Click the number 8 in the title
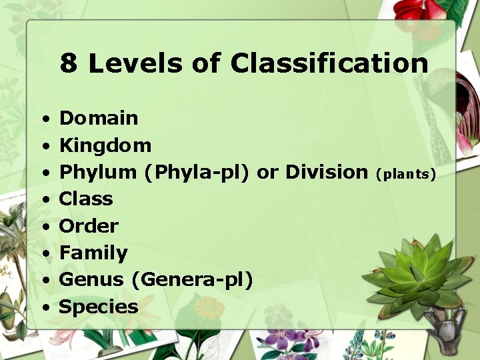pos(68,64)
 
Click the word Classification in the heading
pos(329,64)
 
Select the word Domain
pos(99,119)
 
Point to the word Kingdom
pos(105,145)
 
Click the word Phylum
pos(97,172)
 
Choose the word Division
pos(326,172)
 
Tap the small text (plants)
pos(405,174)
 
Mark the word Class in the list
pos(86,199)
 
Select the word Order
pos(89,226)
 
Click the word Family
pos(93,253)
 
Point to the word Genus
pos(91,279)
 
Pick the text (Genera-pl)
pos(193,280)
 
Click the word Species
pos(99,307)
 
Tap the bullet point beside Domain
pos(43,120)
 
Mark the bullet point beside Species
pos(43,308)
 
